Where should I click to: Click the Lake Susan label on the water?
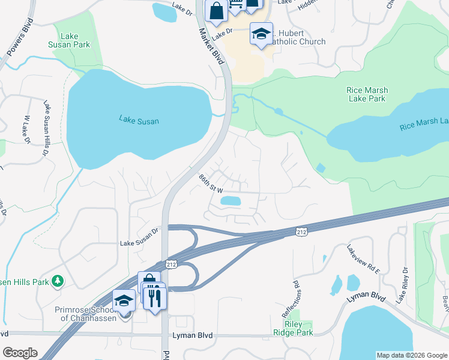click(139, 121)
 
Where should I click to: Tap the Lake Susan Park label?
click(70, 40)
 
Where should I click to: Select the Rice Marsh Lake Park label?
click(367, 94)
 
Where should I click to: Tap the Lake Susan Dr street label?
click(139, 243)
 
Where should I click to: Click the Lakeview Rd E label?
click(363, 259)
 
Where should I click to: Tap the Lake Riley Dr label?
click(400, 284)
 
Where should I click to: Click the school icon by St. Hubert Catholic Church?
click(261, 34)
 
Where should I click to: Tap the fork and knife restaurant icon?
click(155, 296)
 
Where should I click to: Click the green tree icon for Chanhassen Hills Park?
click(58, 281)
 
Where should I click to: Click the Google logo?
click(20, 353)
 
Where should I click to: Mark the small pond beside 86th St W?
click(232, 201)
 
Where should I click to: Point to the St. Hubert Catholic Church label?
click(295, 37)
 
